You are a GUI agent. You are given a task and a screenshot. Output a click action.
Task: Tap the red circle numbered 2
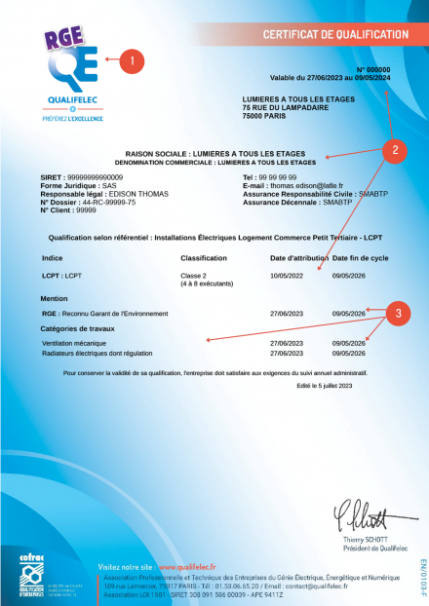click(393, 150)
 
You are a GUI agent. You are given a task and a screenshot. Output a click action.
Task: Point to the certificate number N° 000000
click(371, 70)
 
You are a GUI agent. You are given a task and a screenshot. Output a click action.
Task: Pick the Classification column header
click(206, 258)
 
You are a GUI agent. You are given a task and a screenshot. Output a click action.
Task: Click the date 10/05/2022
click(287, 276)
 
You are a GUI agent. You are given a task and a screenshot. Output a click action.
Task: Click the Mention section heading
click(55, 298)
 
